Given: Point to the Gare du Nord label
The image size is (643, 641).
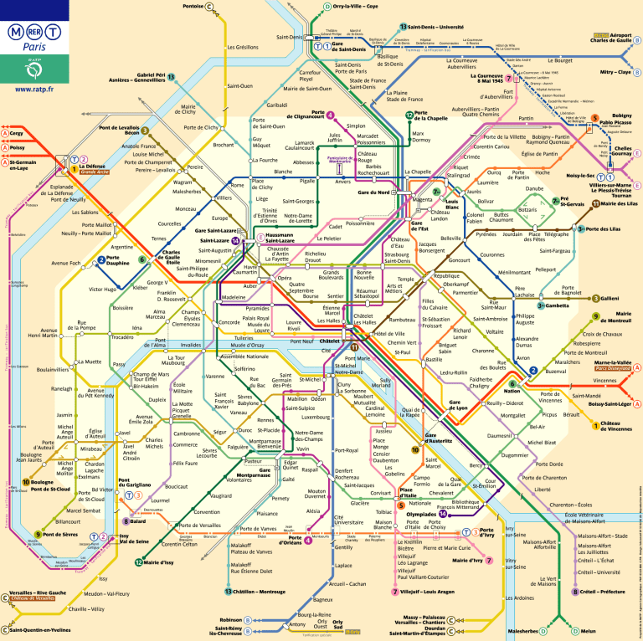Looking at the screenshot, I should [373, 193].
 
